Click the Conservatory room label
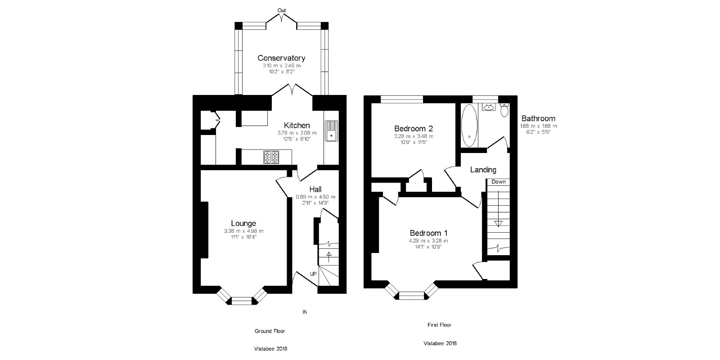point(281,58)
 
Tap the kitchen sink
point(331,131)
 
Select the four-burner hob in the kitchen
point(271,157)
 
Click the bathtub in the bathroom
point(469,126)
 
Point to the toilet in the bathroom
point(504,110)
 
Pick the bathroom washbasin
point(489,108)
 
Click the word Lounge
point(243,223)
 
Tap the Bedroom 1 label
point(428,233)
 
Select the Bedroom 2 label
point(414,129)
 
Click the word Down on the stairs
point(499,182)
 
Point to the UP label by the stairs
point(313,274)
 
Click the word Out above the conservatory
point(282,10)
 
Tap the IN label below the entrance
point(305,312)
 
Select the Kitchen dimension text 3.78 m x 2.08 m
point(297,133)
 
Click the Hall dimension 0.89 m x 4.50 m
point(315,197)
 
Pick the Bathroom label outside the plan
point(538,118)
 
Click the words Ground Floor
point(270,331)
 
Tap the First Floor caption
point(439,325)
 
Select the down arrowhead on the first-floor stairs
point(498,224)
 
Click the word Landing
point(483,170)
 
